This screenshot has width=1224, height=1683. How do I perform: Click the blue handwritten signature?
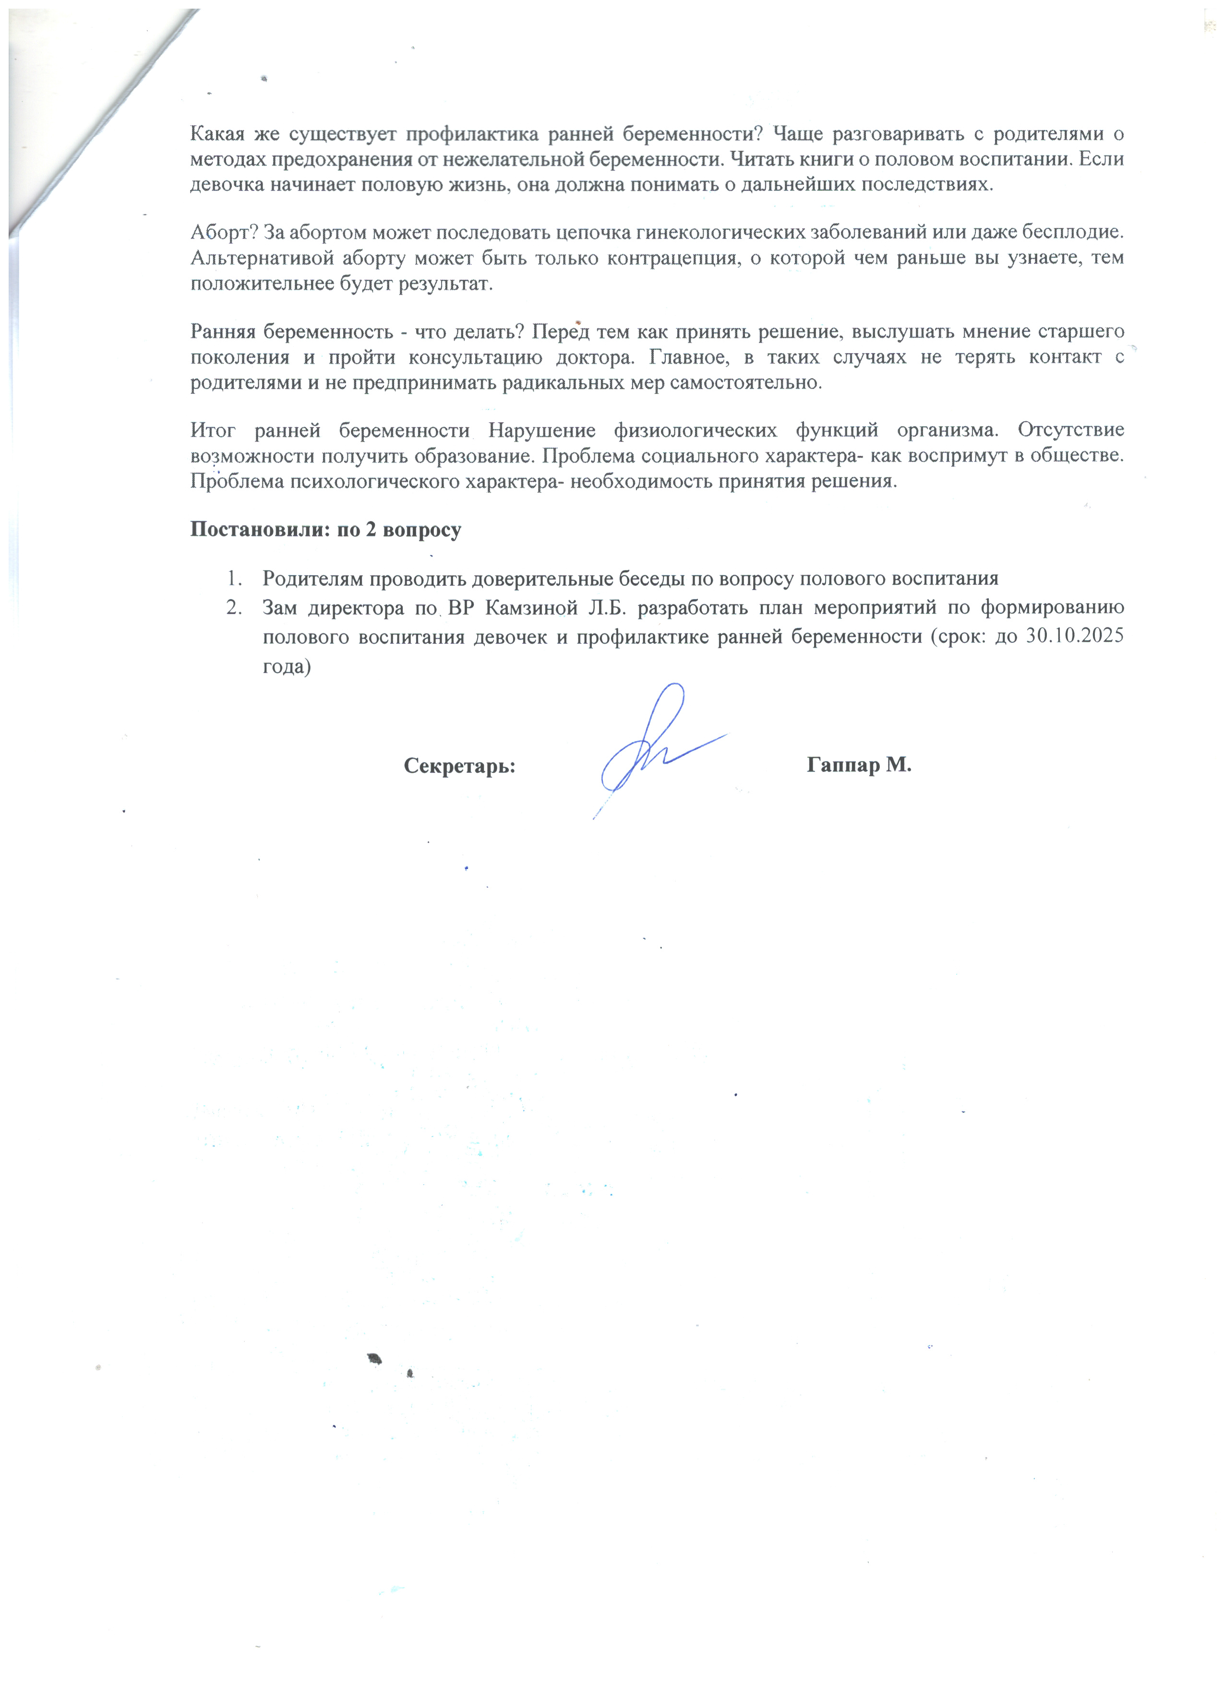pos(653,749)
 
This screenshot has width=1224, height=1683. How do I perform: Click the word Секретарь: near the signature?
pos(459,765)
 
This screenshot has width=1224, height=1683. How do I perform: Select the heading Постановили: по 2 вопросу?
pos(326,529)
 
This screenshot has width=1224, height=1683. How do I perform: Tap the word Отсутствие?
pos(1070,430)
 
